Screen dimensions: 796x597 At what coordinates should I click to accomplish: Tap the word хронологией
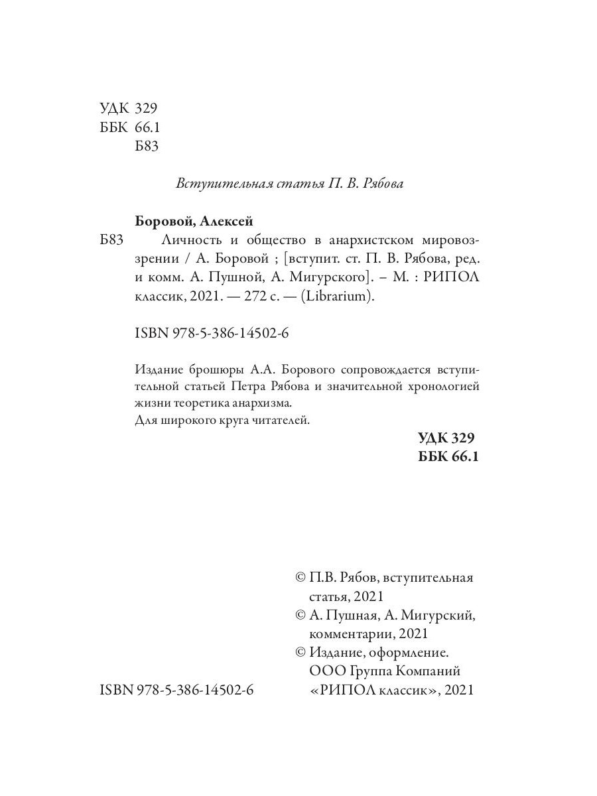coord(436,386)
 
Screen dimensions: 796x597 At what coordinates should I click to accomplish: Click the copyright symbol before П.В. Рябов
coord(300,578)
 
